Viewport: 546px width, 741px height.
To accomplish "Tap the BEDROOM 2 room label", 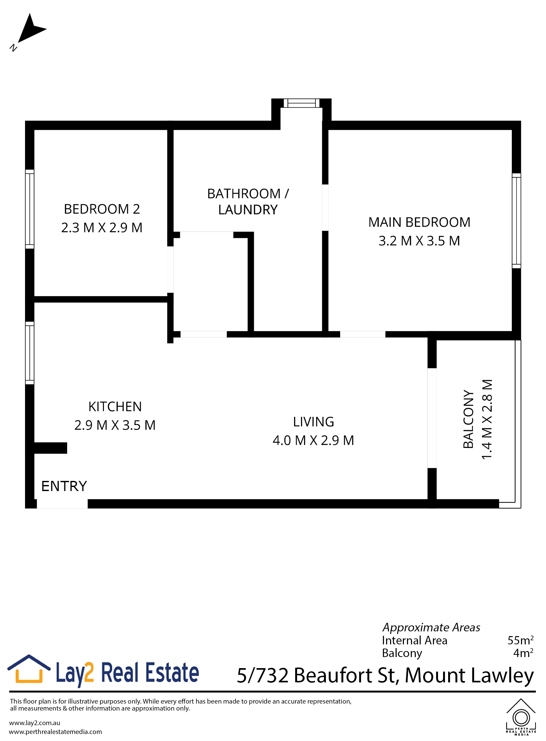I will coord(102,209).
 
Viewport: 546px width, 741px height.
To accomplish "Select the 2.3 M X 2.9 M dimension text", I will coord(102,227).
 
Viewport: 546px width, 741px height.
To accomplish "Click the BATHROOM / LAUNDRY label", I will coord(248,201).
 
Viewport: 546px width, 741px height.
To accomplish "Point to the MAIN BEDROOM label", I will coord(419,222).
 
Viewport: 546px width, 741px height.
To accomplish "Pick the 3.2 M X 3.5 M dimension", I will coord(419,241).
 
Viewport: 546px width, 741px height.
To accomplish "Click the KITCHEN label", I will coord(115,406).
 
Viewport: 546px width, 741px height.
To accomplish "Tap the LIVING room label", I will coord(313,422).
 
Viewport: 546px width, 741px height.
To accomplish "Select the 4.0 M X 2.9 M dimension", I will coord(313,440).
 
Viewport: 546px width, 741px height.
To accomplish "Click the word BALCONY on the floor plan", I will coord(468,419).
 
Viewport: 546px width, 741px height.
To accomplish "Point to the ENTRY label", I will coord(64,486).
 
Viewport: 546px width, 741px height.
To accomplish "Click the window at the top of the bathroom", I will coord(302,103).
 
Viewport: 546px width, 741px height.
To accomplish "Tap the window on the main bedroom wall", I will coord(516,220).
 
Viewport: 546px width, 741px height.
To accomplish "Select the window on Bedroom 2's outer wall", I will coord(30,209).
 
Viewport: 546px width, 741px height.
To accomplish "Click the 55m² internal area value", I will coord(520,640).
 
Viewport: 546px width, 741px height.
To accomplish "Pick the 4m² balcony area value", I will coord(523,653).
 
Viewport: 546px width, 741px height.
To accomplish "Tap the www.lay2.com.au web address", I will coord(35,723).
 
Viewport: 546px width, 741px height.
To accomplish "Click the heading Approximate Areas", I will coord(431,627).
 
